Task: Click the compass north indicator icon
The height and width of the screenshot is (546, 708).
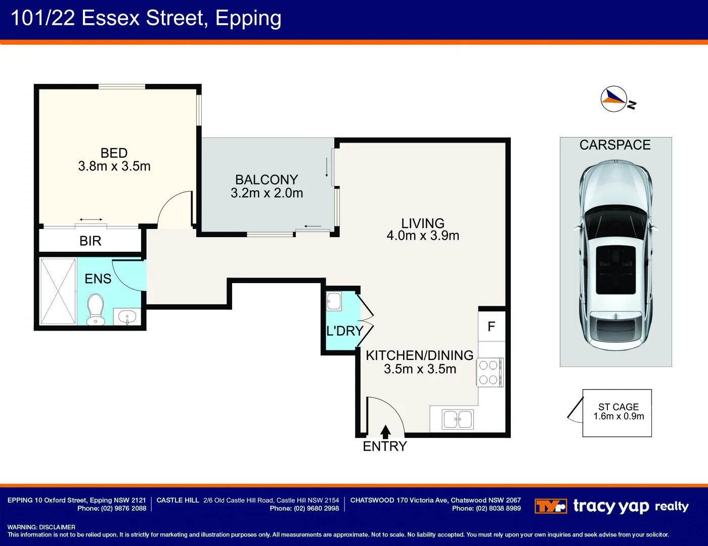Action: (614, 99)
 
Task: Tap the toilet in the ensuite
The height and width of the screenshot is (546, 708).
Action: (95, 309)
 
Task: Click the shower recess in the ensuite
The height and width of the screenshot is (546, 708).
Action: (58, 291)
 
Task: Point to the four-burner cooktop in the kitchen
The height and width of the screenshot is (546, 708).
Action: (489, 372)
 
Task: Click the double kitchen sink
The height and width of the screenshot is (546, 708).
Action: (458, 419)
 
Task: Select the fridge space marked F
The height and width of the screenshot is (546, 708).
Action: (491, 327)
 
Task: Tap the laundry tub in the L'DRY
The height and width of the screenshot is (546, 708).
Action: (334, 301)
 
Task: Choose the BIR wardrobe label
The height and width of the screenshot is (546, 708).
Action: (91, 241)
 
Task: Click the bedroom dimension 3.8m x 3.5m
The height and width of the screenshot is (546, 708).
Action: (114, 166)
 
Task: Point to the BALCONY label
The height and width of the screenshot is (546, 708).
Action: (267, 179)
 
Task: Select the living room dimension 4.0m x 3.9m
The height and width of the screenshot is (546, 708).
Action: (423, 236)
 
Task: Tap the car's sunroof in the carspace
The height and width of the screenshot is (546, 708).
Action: (615, 270)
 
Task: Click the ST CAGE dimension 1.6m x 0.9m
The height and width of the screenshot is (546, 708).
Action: (618, 417)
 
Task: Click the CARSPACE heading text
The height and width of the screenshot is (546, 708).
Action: (615, 145)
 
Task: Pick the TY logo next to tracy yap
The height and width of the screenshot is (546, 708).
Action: (550, 506)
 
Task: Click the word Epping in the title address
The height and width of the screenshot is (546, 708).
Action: (248, 18)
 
